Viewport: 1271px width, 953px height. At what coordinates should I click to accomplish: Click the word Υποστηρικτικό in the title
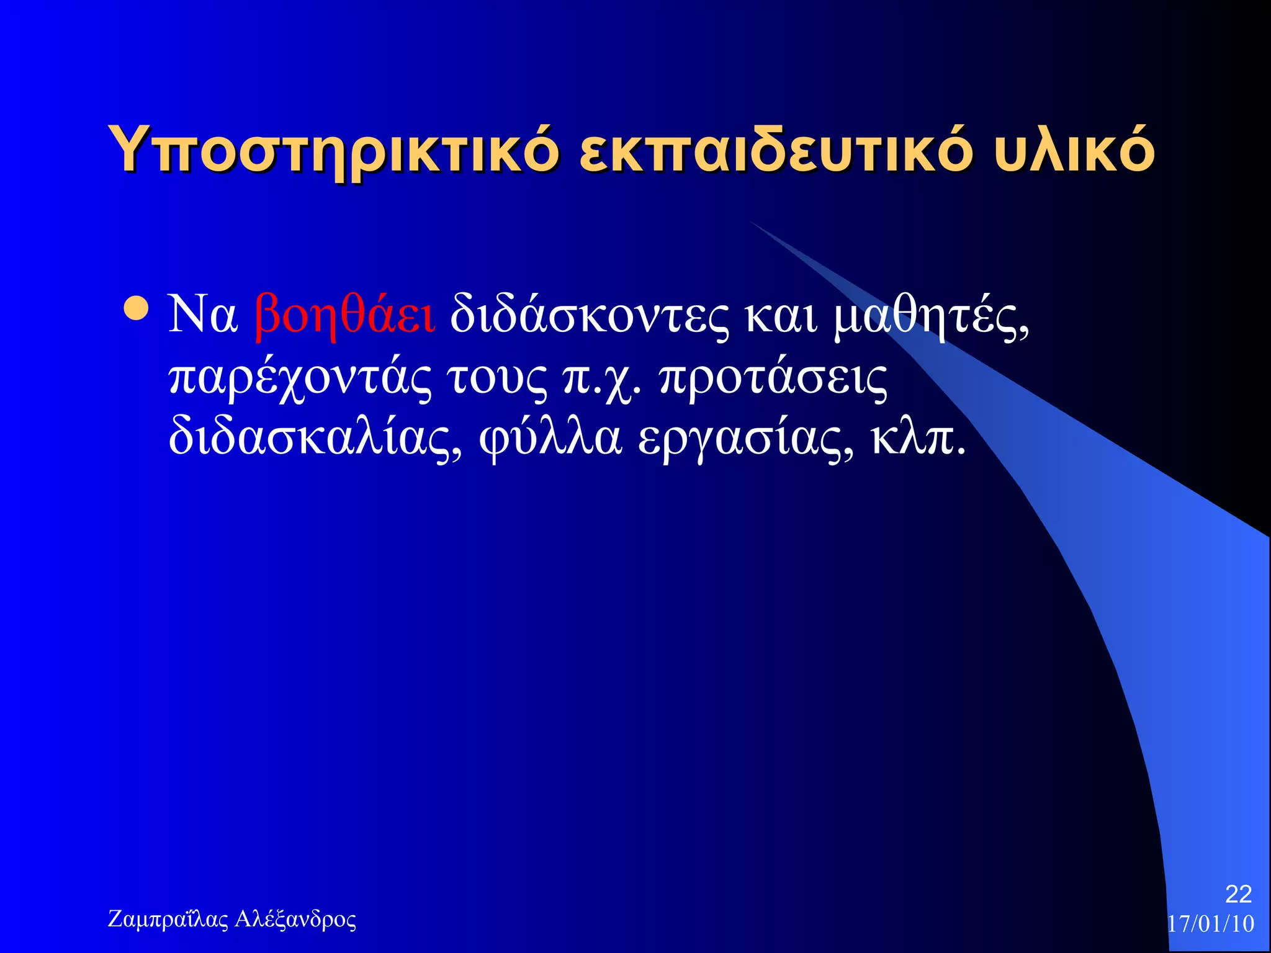[333, 151]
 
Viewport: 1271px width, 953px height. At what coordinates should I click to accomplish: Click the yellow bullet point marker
[136, 309]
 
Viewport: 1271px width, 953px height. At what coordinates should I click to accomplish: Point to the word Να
[203, 314]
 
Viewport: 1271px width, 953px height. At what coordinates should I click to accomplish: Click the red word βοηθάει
[345, 315]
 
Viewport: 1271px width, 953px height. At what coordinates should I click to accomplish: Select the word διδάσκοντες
[590, 315]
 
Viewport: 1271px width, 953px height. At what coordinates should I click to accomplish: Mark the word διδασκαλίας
[315, 438]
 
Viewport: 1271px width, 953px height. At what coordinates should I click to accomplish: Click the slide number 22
[1238, 894]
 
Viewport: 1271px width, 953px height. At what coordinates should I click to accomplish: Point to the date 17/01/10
[1211, 924]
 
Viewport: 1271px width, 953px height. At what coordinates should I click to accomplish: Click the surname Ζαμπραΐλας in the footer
[168, 919]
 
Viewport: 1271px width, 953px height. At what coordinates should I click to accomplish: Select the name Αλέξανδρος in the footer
[295, 919]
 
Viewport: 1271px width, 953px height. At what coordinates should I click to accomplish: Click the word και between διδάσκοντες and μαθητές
[781, 315]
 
